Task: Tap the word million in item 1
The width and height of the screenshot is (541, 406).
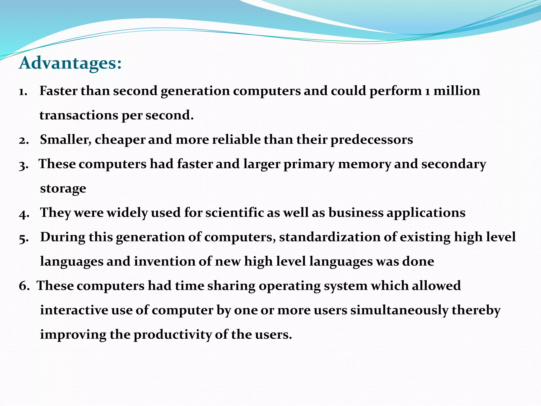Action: coord(457,91)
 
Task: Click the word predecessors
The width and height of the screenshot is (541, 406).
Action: coord(372,140)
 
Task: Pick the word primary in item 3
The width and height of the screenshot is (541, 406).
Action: coord(309,164)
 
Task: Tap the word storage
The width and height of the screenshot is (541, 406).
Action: coord(63,188)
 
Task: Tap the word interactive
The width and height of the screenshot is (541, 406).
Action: coord(74,310)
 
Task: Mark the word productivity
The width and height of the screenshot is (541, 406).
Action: coord(172,335)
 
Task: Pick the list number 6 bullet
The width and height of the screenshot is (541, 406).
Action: coord(24,286)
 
